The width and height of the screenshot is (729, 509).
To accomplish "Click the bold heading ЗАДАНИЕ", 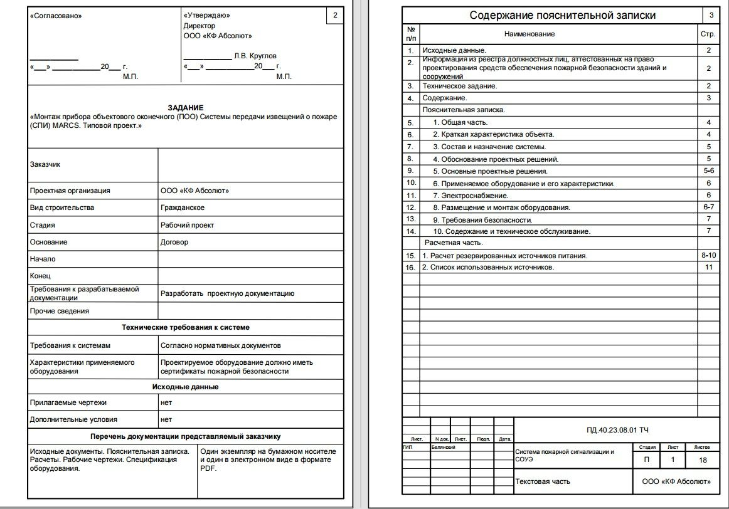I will pos(185,108).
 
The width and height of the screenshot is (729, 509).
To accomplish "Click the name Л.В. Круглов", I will pos(255,56).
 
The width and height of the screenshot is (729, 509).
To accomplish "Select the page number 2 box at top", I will pos(334,15).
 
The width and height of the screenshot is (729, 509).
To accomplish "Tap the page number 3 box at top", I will pos(711,15).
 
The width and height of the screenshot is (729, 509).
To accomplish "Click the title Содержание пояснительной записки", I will pos(563,16).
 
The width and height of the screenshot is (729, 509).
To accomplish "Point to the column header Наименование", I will pos(529,34).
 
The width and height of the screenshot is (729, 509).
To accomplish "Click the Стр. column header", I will pos(708,34).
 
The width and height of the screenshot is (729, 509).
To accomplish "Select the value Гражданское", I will pos(183,207).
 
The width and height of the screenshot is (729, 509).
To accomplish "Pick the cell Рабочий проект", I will pos(187,225).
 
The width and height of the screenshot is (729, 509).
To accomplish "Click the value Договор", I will pos(174,242).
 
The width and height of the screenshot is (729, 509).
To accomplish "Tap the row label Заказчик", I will pos(45,164).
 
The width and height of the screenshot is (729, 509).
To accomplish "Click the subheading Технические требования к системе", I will pos(185,327).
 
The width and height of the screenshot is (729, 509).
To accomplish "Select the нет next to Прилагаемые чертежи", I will pos(166,402).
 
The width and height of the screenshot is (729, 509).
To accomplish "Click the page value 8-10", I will pos(708,256).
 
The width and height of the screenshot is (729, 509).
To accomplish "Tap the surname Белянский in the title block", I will pos(442,448).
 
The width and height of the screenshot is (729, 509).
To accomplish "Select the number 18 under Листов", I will pos(702,460).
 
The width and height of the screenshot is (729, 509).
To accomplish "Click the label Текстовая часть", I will pos(543,481).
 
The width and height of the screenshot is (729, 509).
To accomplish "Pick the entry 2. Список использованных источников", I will pos(487,268).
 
